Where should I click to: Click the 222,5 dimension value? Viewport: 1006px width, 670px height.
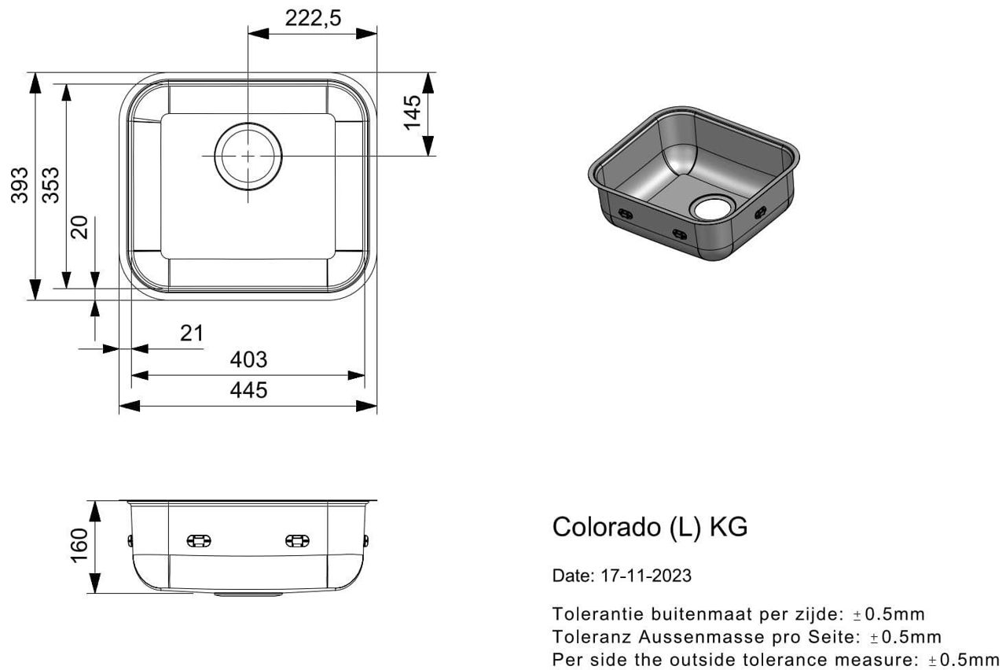[313, 18]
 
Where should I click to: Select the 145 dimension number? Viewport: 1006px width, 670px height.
[413, 112]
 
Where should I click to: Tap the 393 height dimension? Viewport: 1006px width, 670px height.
[20, 185]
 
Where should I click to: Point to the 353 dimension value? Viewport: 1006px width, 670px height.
[51, 185]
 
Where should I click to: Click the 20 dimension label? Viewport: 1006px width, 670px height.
[80, 227]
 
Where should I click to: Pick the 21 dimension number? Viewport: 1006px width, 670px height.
[192, 333]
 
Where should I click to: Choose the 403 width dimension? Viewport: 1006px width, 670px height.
[248, 359]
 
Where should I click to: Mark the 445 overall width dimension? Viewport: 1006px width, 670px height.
[248, 390]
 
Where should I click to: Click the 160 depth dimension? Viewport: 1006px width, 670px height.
[79, 546]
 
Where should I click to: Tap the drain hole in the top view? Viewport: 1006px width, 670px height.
[248, 156]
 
